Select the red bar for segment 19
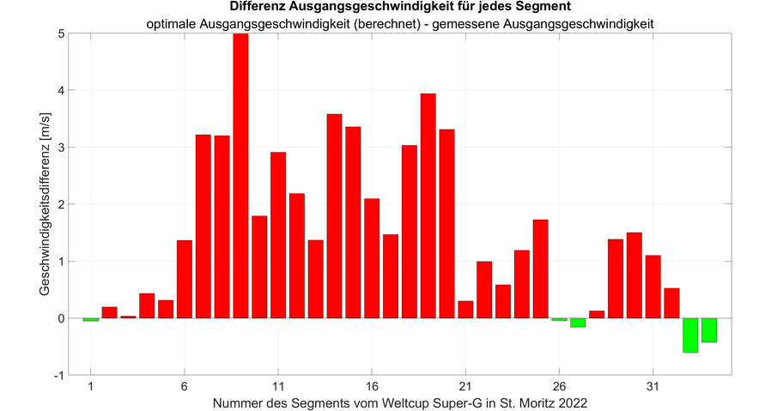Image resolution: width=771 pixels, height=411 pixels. coord(428,206)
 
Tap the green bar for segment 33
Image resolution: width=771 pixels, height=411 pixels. coord(690,335)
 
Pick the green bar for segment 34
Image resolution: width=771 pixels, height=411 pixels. coord(709,329)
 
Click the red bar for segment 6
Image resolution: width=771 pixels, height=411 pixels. coord(184,279)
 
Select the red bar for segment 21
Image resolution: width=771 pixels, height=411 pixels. coord(465,309)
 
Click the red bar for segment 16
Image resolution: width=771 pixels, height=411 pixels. coord(372,258)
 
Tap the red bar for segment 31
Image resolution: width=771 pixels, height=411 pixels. coord(653,287)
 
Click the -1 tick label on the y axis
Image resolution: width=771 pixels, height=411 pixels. coord(56,375)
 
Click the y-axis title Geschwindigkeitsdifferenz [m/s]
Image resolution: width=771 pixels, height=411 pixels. coord(46,204)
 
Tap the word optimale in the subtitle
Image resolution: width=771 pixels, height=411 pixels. coord(173,24)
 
